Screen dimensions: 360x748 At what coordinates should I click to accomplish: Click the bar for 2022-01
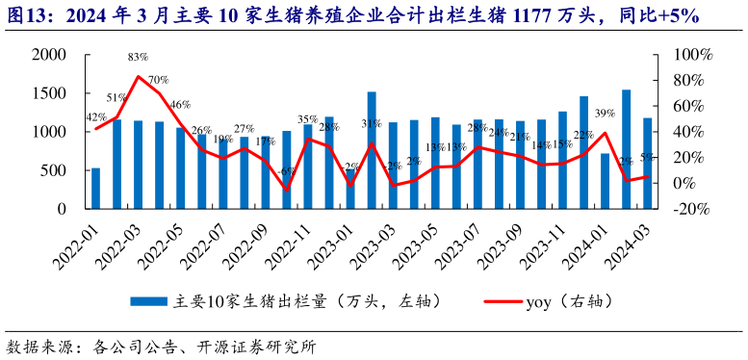[x=95, y=188]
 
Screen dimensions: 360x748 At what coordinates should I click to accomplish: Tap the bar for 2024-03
[x=648, y=163]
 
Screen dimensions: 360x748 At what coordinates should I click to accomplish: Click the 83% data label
[x=138, y=59]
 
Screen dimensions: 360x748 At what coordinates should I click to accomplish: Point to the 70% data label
[x=158, y=80]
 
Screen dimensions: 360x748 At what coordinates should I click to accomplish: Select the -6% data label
[x=285, y=172]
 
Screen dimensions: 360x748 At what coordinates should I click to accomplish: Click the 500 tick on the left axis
[x=54, y=170]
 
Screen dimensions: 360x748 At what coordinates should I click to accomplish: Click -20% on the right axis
[x=689, y=209]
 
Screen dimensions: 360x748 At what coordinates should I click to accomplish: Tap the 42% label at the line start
[x=96, y=118]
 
